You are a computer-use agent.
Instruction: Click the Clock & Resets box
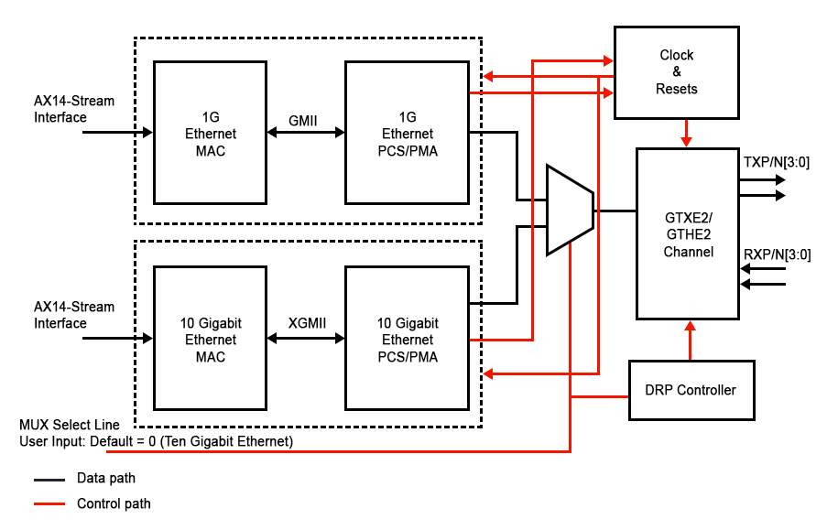pos(676,72)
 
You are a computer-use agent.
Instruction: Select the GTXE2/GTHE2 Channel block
pos(688,233)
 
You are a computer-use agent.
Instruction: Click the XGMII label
pos(306,323)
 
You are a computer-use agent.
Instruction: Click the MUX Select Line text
pos(70,426)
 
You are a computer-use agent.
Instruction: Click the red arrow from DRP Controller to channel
pos(688,340)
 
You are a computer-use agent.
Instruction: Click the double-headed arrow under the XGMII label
pos(306,339)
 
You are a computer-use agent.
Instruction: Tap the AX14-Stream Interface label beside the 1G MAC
pos(74,109)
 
